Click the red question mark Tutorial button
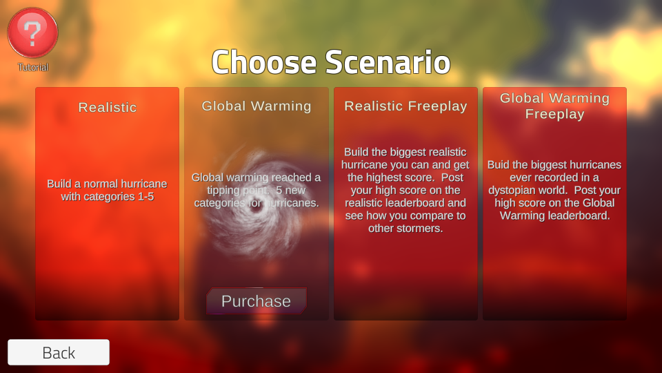click(32, 32)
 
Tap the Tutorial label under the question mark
click(33, 67)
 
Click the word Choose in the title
click(264, 62)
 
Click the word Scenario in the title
click(388, 62)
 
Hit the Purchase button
click(257, 301)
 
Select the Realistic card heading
click(108, 108)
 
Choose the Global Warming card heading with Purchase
click(257, 106)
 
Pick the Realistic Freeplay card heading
click(405, 106)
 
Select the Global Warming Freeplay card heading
click(554, 106)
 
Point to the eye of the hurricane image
click(256, 206)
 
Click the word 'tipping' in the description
click(223, 191)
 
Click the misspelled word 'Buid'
click(498, 164)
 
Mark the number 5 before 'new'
click(279, 191)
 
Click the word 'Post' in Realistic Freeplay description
click(452, 178)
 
